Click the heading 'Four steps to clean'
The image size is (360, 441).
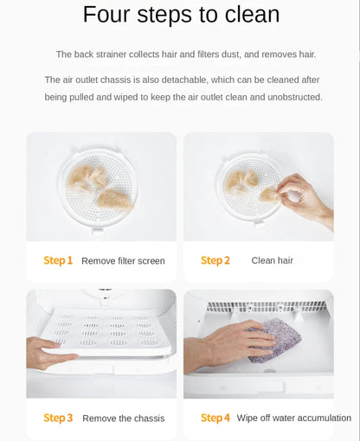click(181, 15)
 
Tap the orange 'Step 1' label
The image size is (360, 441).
click(58, 260)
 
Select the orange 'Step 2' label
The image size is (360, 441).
click(215, 260)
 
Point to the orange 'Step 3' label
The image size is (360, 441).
click(58, 418)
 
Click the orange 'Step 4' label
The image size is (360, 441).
click(215, 418)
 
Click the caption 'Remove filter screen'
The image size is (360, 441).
click(123, 261)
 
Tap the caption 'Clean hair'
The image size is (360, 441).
click(272, 260)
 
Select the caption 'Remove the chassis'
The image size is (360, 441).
click(123, 419)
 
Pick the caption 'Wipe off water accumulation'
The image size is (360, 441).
click(293, 418)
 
